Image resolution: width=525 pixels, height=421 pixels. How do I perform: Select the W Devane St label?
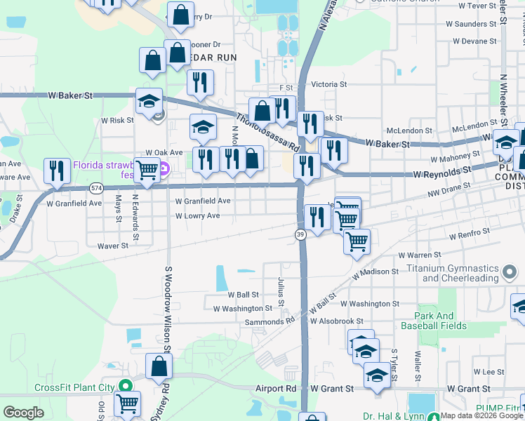tap(474, 41)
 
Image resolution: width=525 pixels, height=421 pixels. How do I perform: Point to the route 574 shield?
tap(97, 187)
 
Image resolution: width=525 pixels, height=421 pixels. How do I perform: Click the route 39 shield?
tap(300, 235)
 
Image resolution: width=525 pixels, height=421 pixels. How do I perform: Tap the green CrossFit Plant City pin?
tap(125, 387)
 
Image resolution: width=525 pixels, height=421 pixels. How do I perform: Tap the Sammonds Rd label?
tap(270, 321)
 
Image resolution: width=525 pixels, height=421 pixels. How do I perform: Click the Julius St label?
tap(281, 292)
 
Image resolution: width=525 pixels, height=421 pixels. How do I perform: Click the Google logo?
tap(23, 413)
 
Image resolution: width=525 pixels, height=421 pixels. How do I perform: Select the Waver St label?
tap(113, 246)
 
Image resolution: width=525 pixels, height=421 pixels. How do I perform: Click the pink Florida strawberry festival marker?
tap(164, 169)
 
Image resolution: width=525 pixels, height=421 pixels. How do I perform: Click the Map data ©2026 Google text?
tap(481, 416)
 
